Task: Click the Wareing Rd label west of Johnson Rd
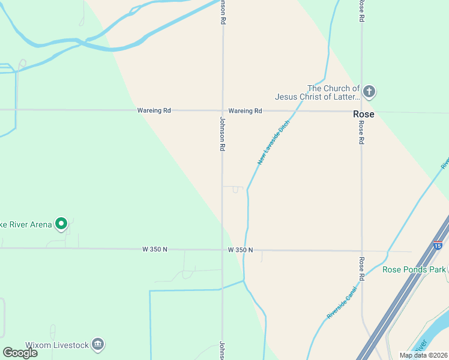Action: point(154,110)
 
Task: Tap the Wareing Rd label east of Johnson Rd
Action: point(246,111)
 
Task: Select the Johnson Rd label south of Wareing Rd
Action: point(222,134)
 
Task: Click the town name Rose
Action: point(363,114)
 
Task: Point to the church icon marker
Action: point(369,92)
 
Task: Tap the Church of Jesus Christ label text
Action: point(317,92)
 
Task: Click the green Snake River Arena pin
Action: point(61,224)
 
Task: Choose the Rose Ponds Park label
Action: point(414,269)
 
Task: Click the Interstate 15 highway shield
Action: point(438,245)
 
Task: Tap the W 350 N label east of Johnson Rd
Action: point(241,250)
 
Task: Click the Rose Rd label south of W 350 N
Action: point(362,269)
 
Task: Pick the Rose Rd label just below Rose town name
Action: point(362,133)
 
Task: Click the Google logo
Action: point(20,353)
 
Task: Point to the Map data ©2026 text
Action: point(423,355)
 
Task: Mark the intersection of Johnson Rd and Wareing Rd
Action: point(223,110)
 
